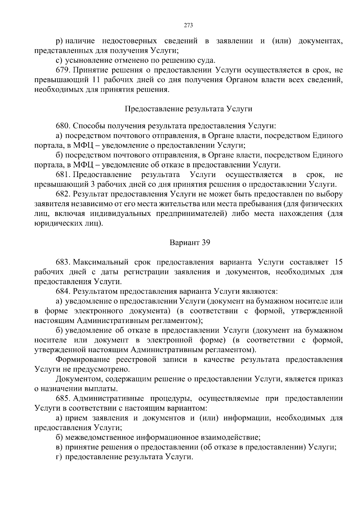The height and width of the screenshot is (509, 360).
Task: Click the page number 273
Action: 188,25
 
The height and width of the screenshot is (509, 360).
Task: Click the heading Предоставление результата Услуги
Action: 188,109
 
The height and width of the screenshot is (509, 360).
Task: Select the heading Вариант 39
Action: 190,242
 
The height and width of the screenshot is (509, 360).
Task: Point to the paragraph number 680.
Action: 62,126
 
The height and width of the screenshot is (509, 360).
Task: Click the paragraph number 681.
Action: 62,175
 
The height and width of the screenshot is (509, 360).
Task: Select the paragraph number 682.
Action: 62,194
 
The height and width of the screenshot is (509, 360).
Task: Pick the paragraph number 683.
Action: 62,262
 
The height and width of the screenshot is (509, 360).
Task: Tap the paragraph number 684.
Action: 62,291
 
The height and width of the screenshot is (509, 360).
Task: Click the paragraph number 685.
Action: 62,399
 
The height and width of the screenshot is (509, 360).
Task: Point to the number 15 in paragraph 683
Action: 338,262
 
